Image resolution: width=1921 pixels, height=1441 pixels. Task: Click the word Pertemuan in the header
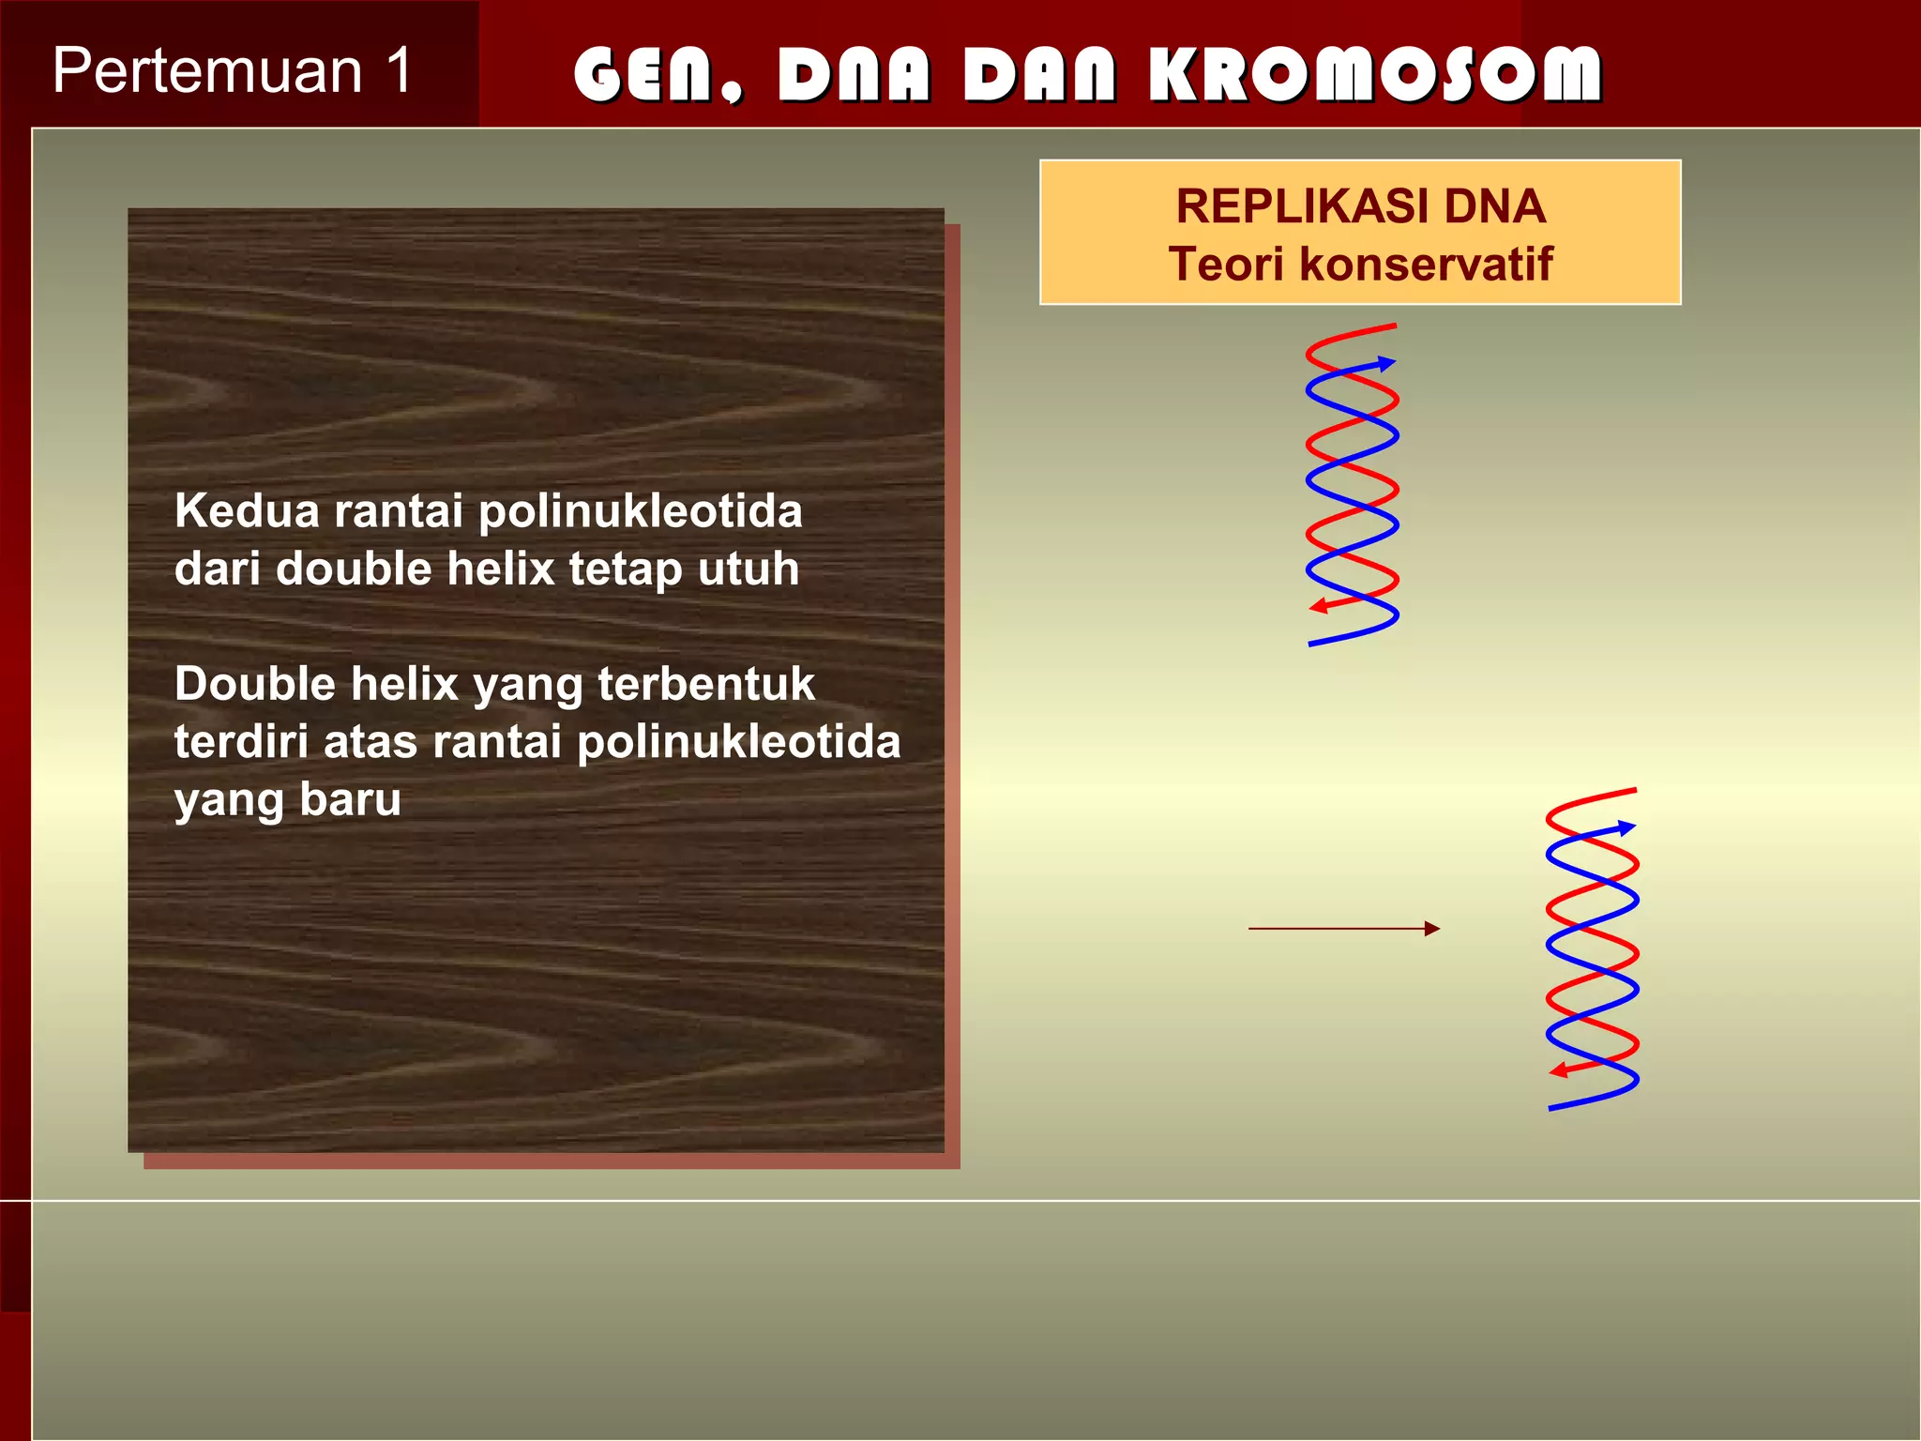[x=207, y=71]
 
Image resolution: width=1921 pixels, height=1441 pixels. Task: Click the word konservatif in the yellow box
[x=1426, y=264]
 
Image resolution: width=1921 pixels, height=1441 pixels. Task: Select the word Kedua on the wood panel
[x=247, y=511]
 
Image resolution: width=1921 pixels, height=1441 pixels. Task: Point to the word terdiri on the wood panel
[x=241, y=742]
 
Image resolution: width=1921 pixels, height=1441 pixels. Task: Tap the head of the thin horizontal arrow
[x=1431, y=929]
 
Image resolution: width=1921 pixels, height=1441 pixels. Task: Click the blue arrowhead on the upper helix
[x=1386, y=363]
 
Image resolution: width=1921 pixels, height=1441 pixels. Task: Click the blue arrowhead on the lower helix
[x=1626, y=827]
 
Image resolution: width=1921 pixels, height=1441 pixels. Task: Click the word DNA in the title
[x=854, y=74]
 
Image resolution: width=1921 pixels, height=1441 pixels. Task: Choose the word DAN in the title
[x=1039, y=74]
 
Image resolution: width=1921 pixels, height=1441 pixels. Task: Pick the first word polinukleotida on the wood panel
[x=641, y=511]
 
